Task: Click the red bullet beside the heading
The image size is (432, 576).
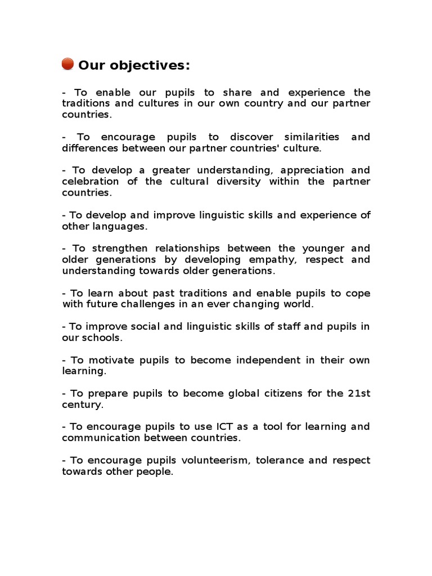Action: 67,65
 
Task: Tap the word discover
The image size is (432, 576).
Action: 253,137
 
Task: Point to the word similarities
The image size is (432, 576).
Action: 312,137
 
